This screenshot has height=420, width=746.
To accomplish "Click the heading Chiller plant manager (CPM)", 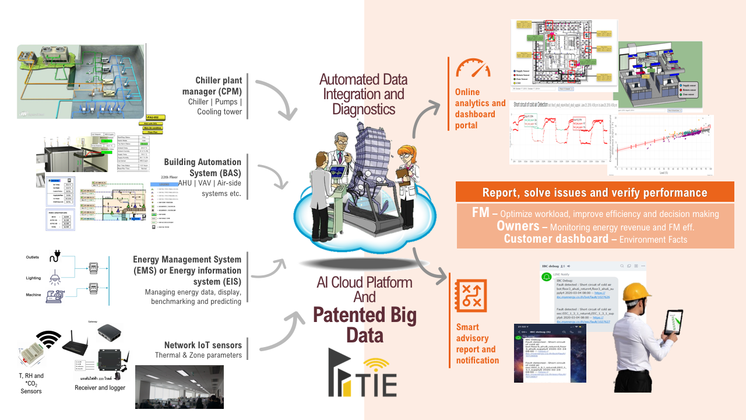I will pyautogui.click(x=219, y=86).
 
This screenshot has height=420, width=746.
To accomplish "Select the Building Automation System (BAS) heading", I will pyautogui.click(x=202, y=167).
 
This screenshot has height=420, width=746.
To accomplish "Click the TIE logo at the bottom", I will pyautogui.click(x=362, y=373).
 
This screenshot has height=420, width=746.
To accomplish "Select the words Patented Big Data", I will pyautogui.click(x=365, y=325).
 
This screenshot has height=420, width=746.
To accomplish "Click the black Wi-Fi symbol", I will pyautogui.click(x=48, y=339).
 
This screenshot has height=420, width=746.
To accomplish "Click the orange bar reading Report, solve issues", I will pyautogui.click(x=594, y=192).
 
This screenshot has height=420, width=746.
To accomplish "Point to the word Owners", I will pyautogui.click(x=518, y=226).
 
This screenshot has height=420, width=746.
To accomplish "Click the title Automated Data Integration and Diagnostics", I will pyautogui.click(x=364, y=94).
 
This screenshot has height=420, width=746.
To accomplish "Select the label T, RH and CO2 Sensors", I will pyautogui.click(x=31, y=383).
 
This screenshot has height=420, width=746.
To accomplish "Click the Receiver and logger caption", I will pyautogui.click(x=100, y=387).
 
